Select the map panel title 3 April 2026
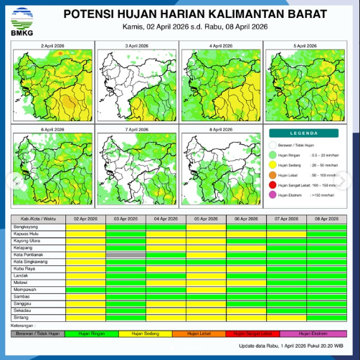[x=136, y=45]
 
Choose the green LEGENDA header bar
[x=304, y=133]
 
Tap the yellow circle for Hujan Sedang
[x=273, y=164]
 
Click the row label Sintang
[x=22, y=316]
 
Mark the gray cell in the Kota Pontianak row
[x=125, y=255]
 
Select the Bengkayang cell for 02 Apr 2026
[x=85, y=227]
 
